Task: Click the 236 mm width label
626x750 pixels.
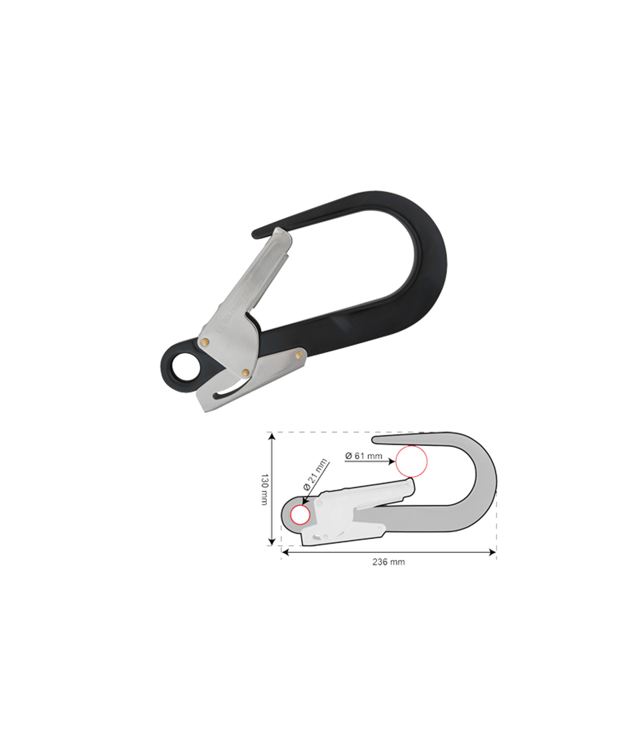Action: pos(388,562)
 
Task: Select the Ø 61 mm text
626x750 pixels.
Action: pos(363,456)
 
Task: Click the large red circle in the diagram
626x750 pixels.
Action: pos(411,461)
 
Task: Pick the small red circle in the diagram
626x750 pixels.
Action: pos(300,515)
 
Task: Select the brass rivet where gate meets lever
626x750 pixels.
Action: pos(245,372)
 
